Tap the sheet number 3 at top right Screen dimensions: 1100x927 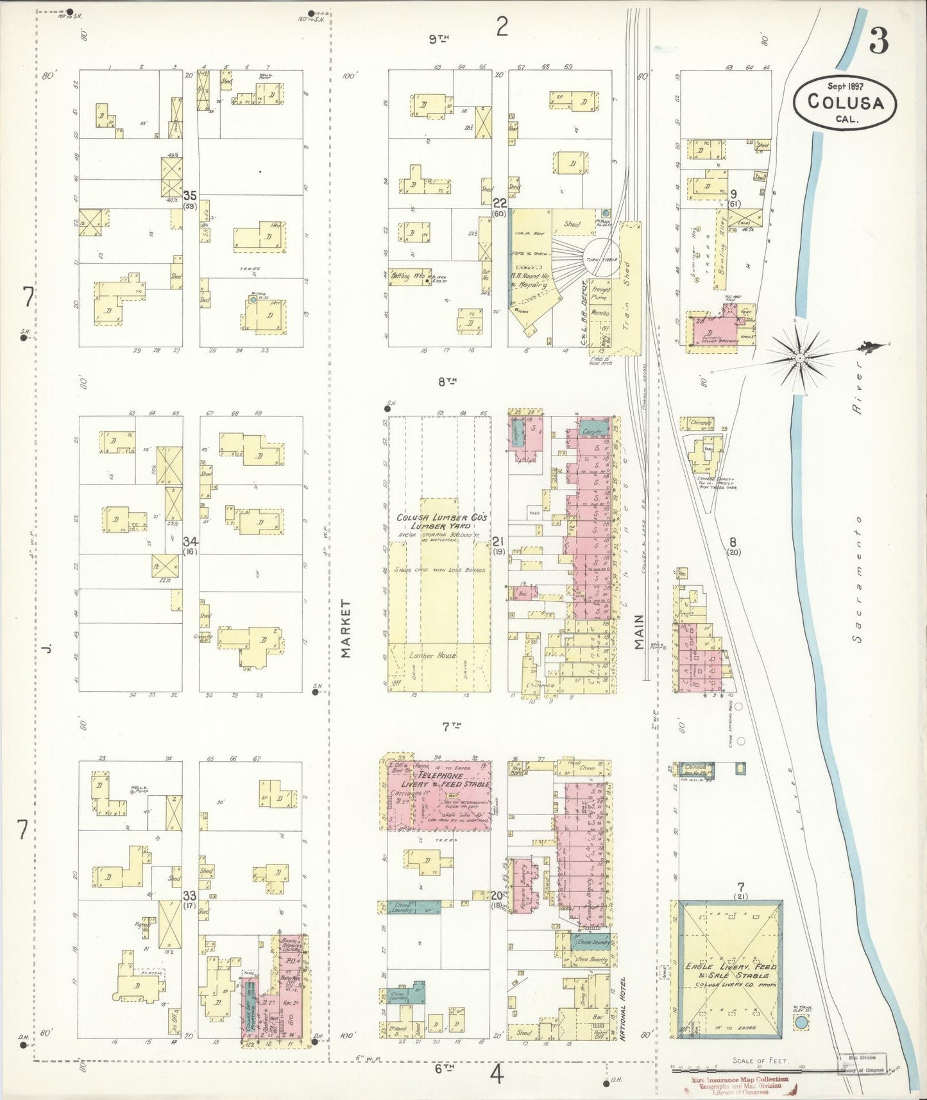pos(879,42)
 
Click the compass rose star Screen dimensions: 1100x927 pos(800,356)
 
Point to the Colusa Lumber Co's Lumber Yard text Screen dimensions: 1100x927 pos(441,522)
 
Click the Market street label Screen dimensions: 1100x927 pos(346,628)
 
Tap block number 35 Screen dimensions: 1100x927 pos(189,195)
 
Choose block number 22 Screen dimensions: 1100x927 pos(500,203)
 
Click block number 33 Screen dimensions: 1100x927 pos(189,895)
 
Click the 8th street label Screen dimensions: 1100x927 pos(446,382)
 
